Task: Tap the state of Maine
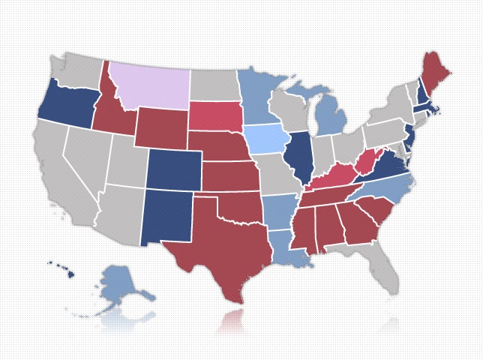[433, 75]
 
